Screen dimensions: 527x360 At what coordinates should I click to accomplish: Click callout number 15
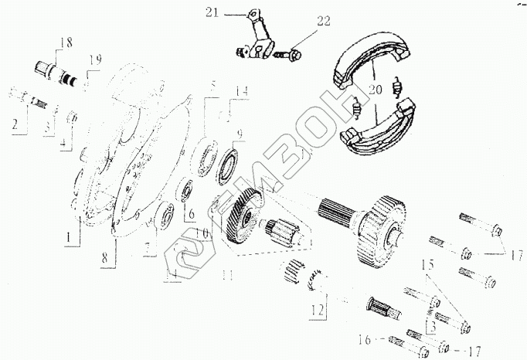427,264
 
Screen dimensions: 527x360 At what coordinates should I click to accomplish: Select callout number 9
240,134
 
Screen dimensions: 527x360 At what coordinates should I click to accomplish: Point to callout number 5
212,83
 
